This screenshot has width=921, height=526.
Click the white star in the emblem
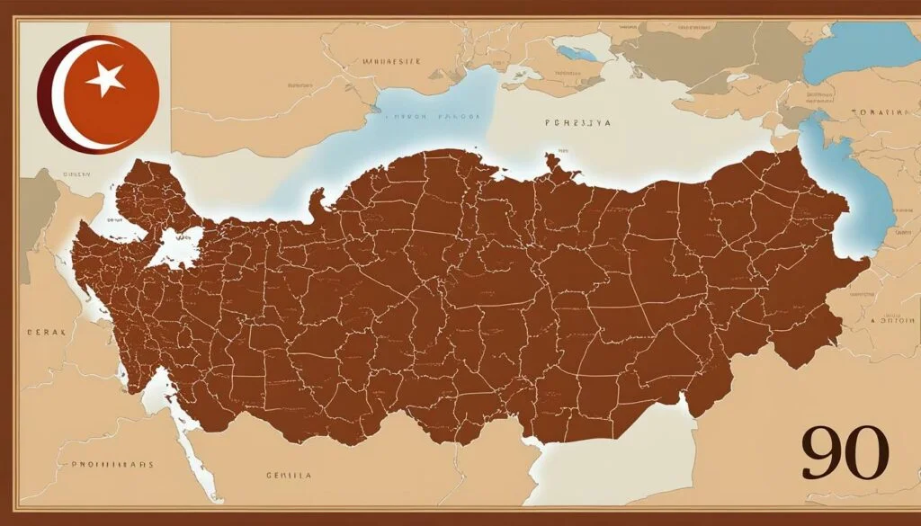(106, 81)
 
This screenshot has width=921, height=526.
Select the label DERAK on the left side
(46, 332)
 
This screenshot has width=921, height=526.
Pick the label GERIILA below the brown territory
(288, 474)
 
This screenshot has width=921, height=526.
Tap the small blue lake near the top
(576, 52)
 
